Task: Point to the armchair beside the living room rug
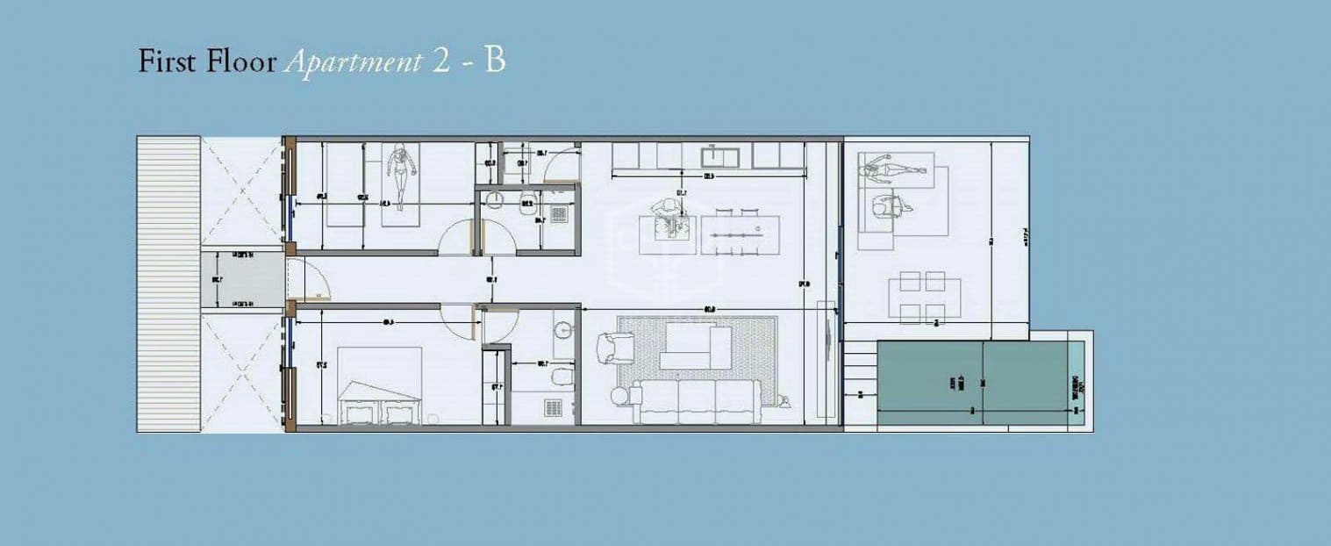click(619, 348)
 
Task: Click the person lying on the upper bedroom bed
click(402, 176)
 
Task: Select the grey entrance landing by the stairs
click(242, 280)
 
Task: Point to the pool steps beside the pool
click(860, 384)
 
